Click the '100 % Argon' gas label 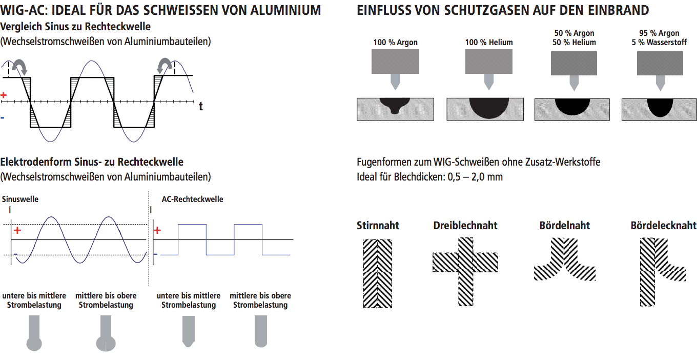(x=395, y=43)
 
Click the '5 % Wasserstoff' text (x=659, y=43)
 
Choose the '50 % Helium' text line (x=574, y=43)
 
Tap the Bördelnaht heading (x=564, y=226)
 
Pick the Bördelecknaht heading (x=663, y=226)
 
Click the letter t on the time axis (x=201, y=106)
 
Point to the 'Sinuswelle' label (x=20, y=199)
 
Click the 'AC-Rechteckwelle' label (x=192, y=199)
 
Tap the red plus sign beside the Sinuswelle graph (x=17, y=231)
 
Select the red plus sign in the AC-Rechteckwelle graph (x=157, y=230)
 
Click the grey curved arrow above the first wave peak (x=21, y=66)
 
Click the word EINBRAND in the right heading (x=624, y=10)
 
